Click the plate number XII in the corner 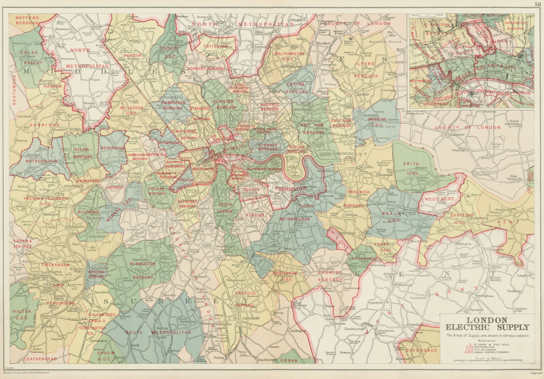click(537, 4)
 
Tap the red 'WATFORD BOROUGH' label click(27, 20)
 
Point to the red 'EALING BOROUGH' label click(82, 153)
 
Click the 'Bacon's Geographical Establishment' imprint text click(31, 373)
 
